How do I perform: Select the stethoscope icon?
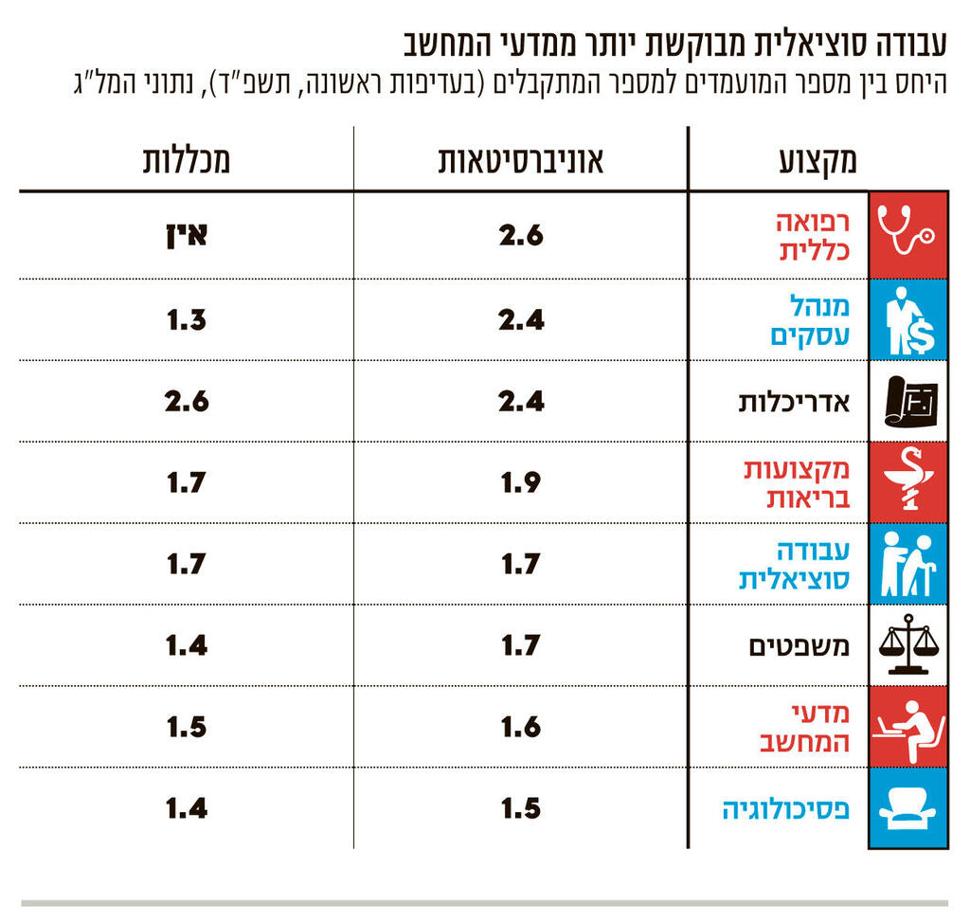pos(907,235)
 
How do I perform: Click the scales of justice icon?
pos(907,643)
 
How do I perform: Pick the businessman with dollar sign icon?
pos(907,320)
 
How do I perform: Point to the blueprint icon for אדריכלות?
pos(907,401)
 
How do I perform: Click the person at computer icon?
pos(907,726)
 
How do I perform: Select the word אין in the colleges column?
pos(186,235)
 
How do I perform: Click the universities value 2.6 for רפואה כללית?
pos(521,235)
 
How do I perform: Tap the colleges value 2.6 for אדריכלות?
pos(187,401)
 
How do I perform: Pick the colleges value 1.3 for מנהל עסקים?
pos(187,320)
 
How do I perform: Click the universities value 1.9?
pos(521,482)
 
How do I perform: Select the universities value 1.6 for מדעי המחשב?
pos(521,727)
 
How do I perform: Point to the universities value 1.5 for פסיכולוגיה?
pos(521,808)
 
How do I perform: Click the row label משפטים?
pos(798,646)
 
